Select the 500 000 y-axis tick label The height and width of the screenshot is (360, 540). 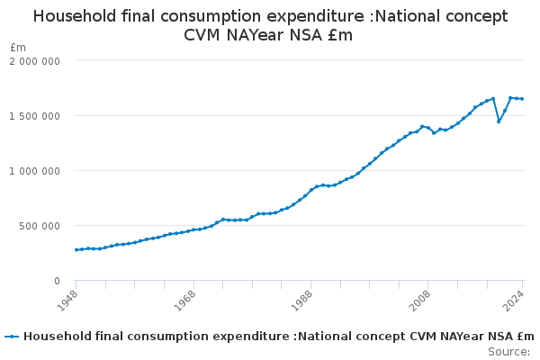[41, 225]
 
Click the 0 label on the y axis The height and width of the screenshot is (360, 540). [57, 280]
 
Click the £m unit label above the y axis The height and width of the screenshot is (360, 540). [18, 47]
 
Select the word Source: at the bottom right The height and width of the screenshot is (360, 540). [510, 351]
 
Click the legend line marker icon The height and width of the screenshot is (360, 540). [12, 337]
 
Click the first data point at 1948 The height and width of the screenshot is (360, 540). [76, 249]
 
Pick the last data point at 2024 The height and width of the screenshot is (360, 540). [522, 99]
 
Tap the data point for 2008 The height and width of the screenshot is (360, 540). [428, 128]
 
